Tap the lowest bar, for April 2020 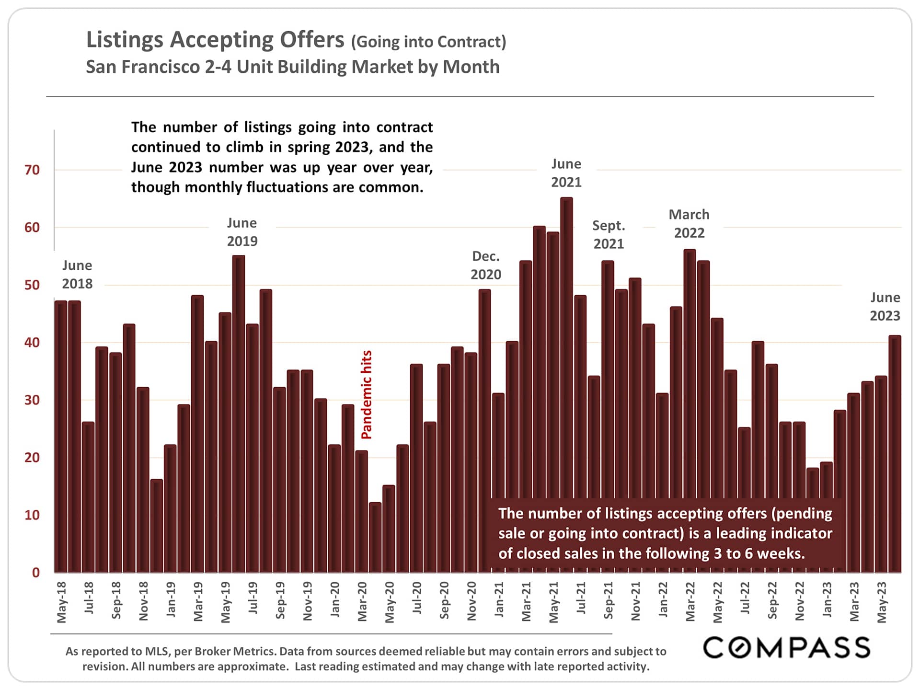pyautogui.click(x=375, y=537)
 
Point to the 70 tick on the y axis pyautogui.click(x=32, y=170)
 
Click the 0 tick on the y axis pyautogui.click(x=35, y=573)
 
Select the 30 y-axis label pyautogui.click(x=32, y=400)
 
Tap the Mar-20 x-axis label pyautogui.click(x=362, y=602)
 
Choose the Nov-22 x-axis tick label pyautogui.click(x=800, y=602)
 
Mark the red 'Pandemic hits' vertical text pyautogui.click(x=367, y=395)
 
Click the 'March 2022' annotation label pyautogui.click(x=689, y=224)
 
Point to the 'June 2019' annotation pyautogui.click(x=242, y=232)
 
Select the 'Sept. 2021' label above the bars pyautogui.click(x=609, y=235)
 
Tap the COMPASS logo pyautogui.click(x=786, y=647)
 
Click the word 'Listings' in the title pyautogui.click(x=125, y=40)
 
